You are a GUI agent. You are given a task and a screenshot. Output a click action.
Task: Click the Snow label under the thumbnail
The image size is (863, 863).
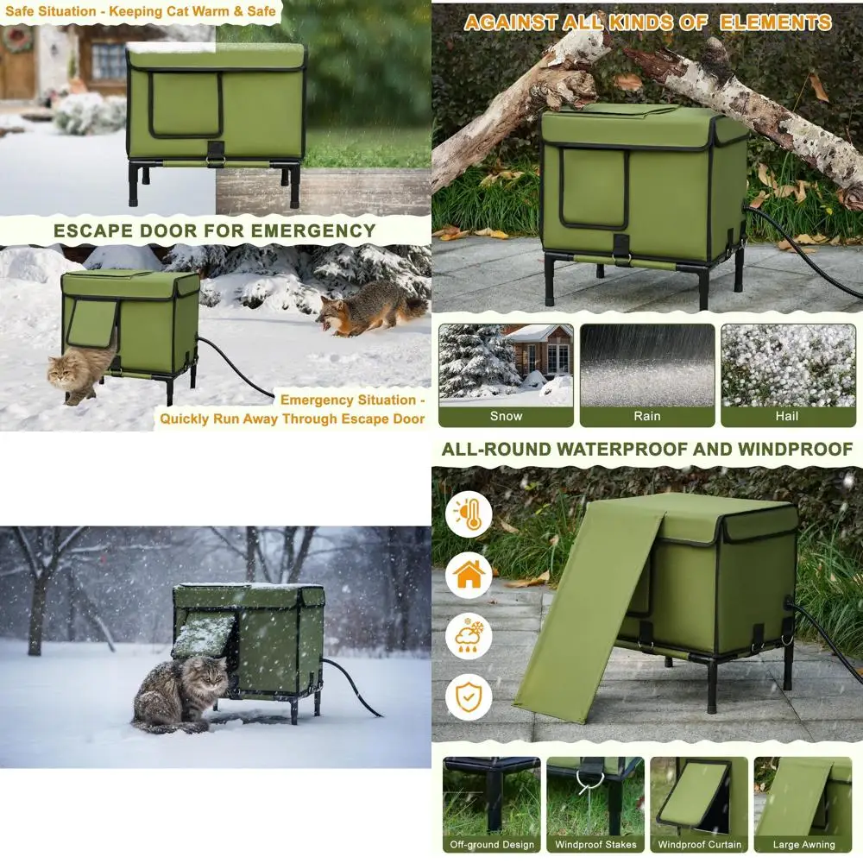click(506, 416)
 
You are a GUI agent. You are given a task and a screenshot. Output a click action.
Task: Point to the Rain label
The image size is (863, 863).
click(647, 416)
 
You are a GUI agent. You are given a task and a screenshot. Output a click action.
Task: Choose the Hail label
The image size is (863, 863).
click(786, 416)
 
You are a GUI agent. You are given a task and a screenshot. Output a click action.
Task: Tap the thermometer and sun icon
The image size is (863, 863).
click(469, 515)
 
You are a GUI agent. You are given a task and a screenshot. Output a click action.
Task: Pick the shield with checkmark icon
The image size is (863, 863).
click(469, 696)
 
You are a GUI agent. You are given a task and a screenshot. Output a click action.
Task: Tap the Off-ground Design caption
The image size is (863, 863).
click(492, 845)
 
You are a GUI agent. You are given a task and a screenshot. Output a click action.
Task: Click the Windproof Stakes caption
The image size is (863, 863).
click(595, 845)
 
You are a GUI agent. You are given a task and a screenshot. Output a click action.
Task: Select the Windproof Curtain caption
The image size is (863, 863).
click(699, 845)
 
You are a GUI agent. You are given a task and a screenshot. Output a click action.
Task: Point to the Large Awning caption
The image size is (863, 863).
click(803, 845)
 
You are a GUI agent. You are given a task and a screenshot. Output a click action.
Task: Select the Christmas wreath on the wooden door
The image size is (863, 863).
click(17, 40)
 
